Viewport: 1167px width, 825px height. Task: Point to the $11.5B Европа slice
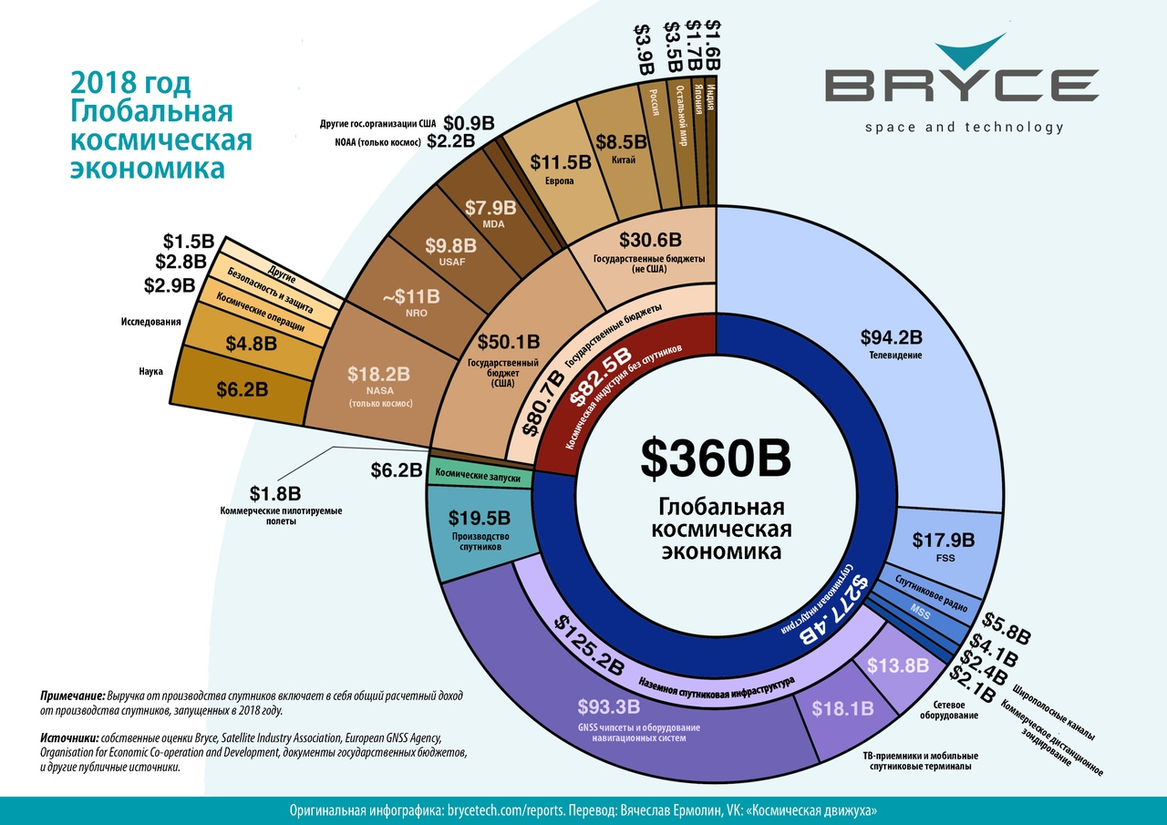[x=560, y=164]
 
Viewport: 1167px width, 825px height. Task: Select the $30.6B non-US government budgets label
[x=650, y=241]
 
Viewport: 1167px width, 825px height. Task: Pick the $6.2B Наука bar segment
[x=242, y=389]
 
